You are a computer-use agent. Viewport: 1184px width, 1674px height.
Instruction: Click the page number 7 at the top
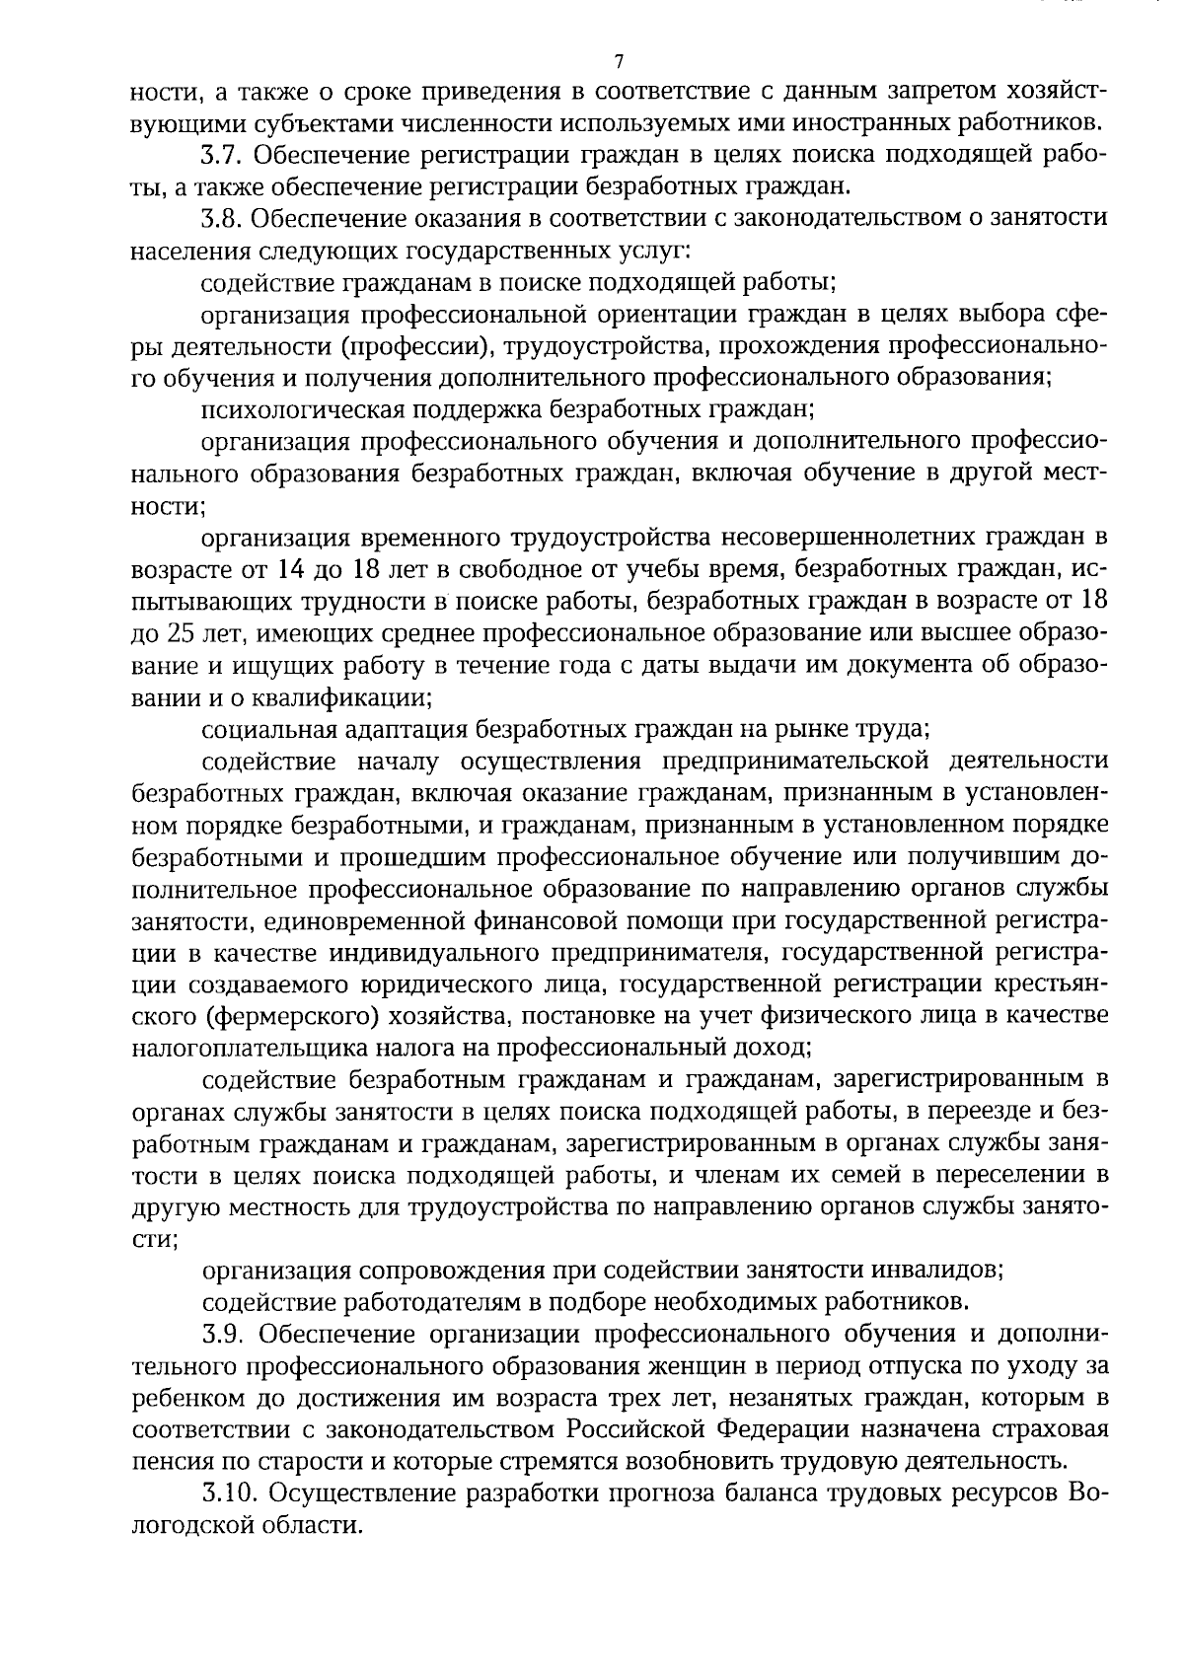(619, 62)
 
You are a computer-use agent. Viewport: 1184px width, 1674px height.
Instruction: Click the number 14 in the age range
(285, 570)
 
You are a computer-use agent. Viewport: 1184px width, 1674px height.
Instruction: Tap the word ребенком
(181, 1399)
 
